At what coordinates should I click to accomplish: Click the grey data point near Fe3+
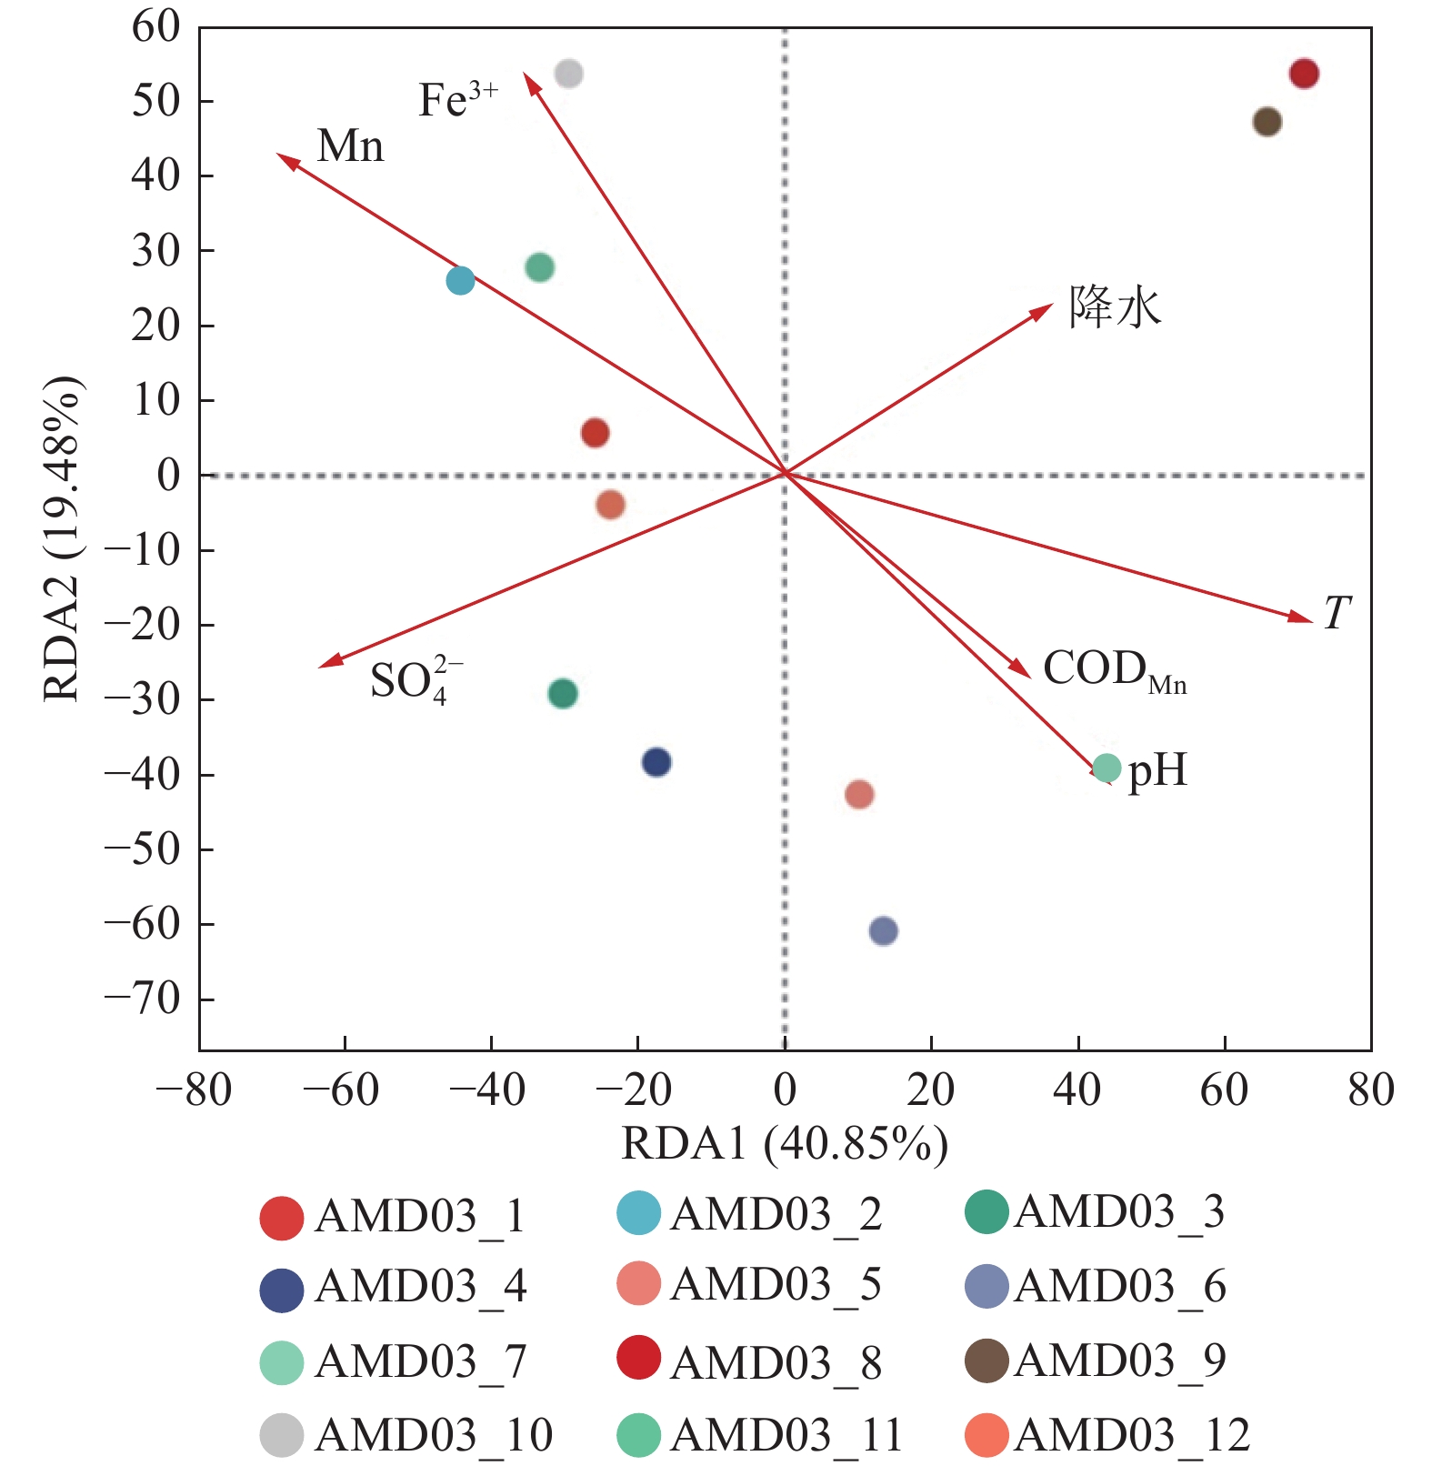(568, 73)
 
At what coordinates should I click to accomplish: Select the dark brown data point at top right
(1267, 121)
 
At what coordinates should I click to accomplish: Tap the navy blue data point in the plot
(656, 762)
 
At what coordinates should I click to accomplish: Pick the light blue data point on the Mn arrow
(461, 280)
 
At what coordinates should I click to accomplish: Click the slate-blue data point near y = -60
(884, 930)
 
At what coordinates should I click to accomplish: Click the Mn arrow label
(350, 146)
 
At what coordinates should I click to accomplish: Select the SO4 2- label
(415, 680)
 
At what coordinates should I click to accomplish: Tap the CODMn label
(1114, 670)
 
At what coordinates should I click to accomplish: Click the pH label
(1157, 770)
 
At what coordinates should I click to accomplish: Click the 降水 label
(1115, 306)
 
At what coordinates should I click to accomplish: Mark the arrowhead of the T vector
(1306, 618)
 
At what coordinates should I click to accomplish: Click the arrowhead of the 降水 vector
(1045, 309)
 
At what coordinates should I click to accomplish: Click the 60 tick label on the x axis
(1224, 1089)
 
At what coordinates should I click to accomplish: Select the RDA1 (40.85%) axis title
(784, 1143)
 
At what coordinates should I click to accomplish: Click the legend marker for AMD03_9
(986, 1361)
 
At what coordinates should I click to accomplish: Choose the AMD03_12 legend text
(1132, 1435)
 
